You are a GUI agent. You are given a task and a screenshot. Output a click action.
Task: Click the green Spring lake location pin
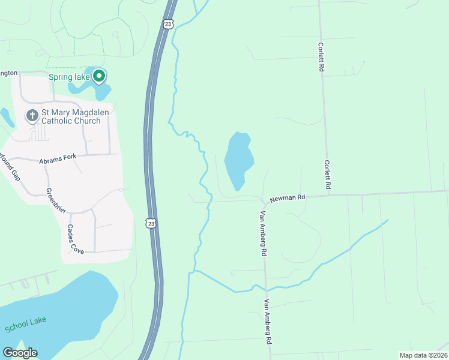(x=100, y=76)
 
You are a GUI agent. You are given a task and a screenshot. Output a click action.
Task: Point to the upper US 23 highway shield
(x=167, y=23)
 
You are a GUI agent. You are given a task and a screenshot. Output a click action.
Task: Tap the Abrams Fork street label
(x=59, y=161)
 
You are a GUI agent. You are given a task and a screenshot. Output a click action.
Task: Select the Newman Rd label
(x=288, y=197)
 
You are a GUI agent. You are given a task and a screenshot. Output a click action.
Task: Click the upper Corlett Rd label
(x=322, y=58)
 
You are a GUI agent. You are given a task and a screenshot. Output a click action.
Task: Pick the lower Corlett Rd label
(x=328, y=175)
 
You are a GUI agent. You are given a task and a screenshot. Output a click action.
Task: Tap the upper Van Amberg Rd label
(x=263, y=234)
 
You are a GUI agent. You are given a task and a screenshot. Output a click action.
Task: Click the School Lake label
(x=25, y=325)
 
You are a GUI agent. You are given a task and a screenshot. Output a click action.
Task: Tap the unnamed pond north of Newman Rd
(x=238, y=160)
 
